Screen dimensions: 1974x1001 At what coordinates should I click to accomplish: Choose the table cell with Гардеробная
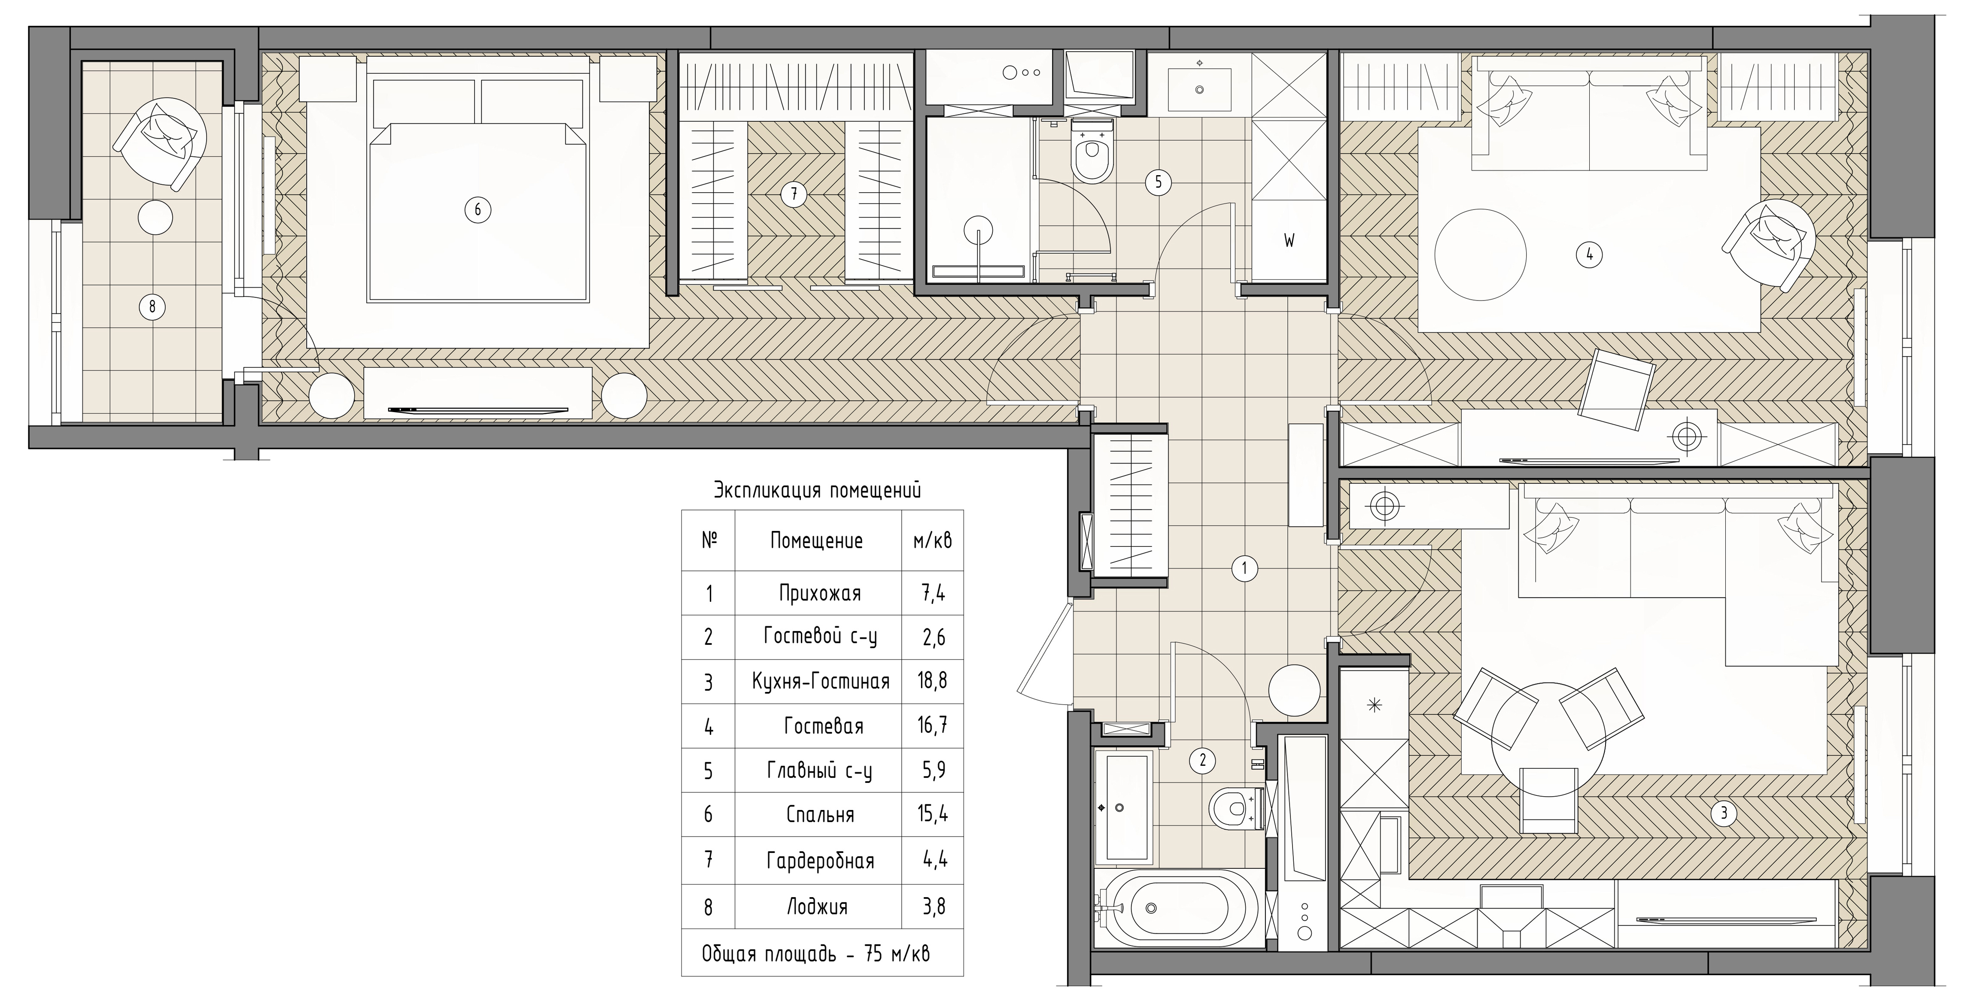(x=820, y=861)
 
